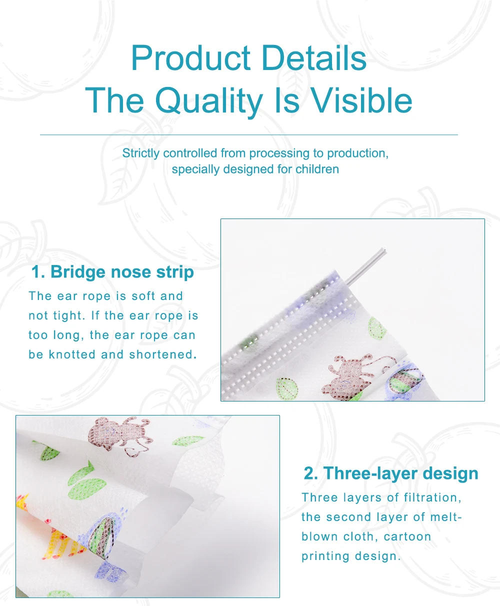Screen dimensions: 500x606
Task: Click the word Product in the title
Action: (x=191, y=58)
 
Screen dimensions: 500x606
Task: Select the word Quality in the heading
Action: (x=209, y=101)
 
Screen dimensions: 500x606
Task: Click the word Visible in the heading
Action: (x=362, y=99)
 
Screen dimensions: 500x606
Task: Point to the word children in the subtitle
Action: (x=317, y=169)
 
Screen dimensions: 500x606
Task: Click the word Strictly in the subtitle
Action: (x=140, y=153)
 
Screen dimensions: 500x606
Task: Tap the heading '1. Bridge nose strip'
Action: (x=112, y=272)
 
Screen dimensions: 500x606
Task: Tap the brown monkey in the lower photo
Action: (x=119, y=434)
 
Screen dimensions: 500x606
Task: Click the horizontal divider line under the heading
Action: (x=248, y=135)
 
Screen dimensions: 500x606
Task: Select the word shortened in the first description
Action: (x=163, y=354)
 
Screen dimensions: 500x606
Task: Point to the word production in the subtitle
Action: (x=358, y=153)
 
